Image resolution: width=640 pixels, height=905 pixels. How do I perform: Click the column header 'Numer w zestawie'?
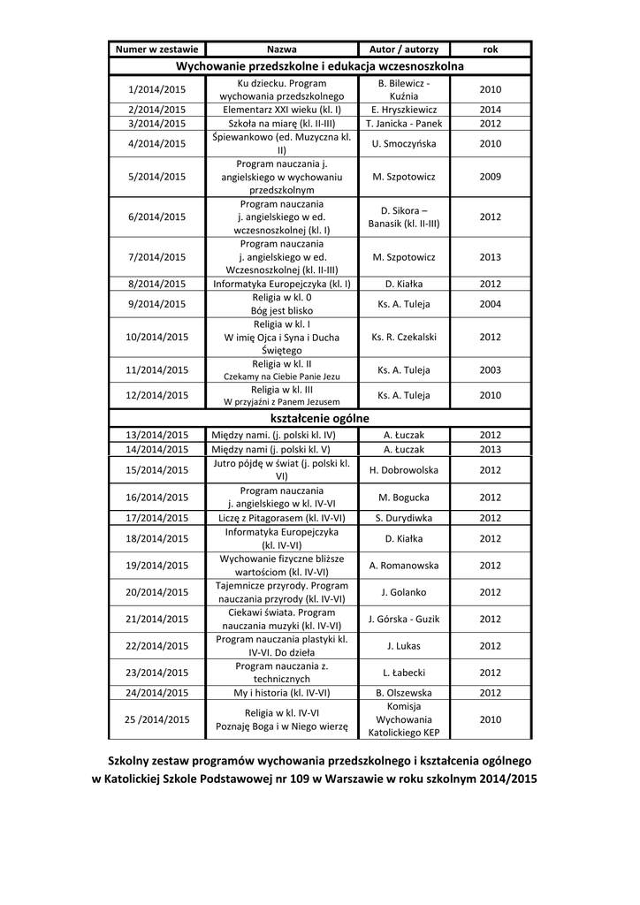(157, 49)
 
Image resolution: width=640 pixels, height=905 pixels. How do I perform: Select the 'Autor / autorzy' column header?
(404, 49)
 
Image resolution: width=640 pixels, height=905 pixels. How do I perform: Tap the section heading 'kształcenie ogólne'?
(319, 418)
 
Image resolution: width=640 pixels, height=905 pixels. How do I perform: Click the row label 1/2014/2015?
(157, 89)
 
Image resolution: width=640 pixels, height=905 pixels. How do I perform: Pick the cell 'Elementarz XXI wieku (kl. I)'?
(282, 110)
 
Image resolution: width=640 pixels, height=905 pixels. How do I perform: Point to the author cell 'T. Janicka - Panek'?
(404, 124)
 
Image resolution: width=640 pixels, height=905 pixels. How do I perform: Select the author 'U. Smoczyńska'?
(404, 143)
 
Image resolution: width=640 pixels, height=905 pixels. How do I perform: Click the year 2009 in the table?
(490, 177)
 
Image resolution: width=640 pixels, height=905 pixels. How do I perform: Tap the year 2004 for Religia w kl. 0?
(490, 304)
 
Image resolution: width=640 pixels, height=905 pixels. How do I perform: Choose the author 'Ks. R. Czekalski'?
(404, 337)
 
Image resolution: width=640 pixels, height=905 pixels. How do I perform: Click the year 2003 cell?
(490, 370)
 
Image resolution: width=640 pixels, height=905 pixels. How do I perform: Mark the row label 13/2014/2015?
(157, 435)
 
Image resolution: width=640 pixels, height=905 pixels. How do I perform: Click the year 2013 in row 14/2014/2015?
(490, 449)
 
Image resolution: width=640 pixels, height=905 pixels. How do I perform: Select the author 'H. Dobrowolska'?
(404, 469)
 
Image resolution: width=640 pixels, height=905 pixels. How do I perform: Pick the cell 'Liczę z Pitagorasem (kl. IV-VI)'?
(282, 518)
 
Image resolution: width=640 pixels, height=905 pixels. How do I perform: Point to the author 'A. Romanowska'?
(404, 565)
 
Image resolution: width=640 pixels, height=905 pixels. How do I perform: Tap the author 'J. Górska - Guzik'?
(404, 619)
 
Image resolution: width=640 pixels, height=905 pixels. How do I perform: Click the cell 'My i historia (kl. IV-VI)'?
(282, 693)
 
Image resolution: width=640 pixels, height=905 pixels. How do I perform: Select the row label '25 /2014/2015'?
(157, 719)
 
